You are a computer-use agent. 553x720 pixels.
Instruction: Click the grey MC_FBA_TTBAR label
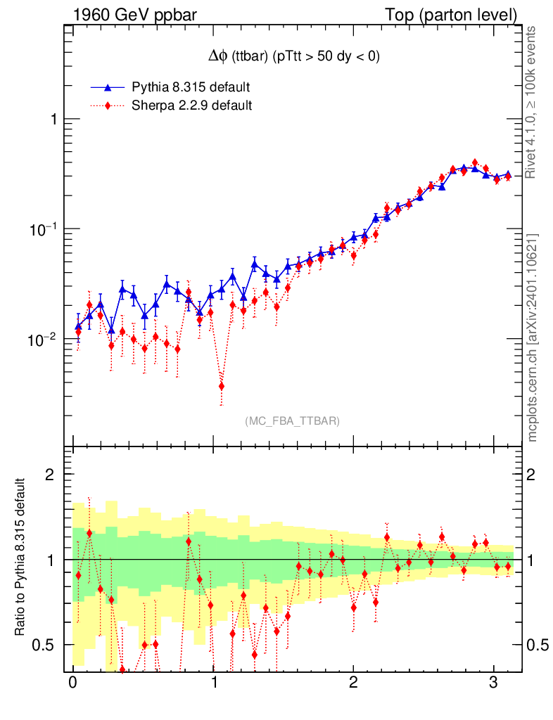[x=293, y=421]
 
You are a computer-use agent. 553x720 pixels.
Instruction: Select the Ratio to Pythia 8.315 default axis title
[x=20, y=558]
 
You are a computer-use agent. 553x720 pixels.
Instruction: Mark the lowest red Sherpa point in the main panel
[x=222, y=386]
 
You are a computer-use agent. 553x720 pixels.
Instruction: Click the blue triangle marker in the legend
[x=108, y=88]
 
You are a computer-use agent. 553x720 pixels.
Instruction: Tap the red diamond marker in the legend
[x=108, y=106]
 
